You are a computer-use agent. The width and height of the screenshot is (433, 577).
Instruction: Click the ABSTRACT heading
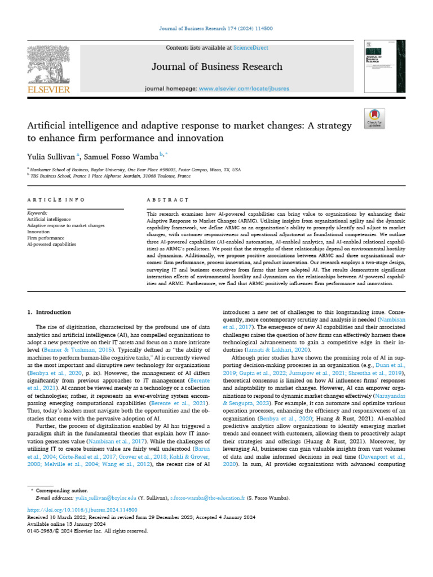coord(166,199)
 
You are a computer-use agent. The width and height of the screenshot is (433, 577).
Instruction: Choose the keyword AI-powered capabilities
coord(51,245)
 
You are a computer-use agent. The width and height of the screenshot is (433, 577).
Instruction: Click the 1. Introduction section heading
coord(50,312)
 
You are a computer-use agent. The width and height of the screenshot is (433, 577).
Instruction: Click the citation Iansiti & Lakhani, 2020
coord(268,349)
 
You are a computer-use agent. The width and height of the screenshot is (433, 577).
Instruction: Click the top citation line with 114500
coord(216,29)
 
